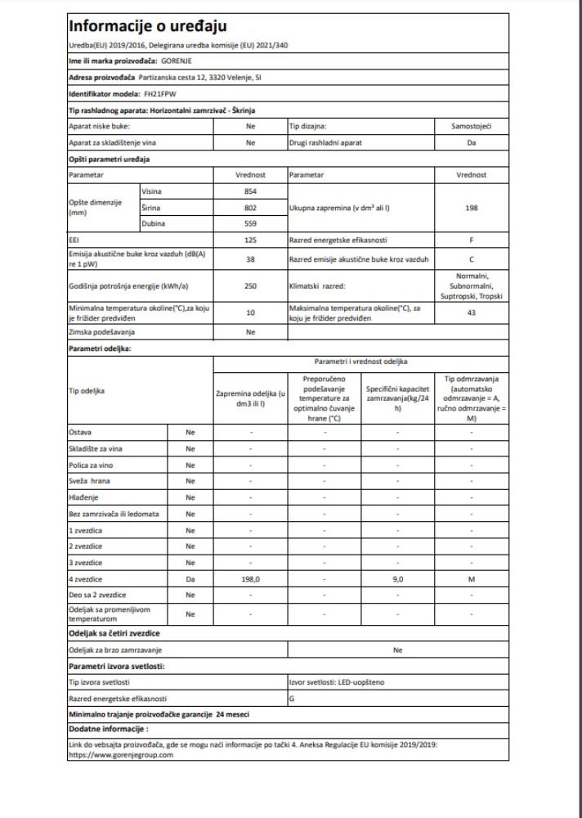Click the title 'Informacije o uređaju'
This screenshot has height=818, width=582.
pos(148,27)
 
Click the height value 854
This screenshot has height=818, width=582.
pos(251,191)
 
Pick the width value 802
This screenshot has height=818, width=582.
pos(251,208)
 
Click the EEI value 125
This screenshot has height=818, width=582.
pos(251,241)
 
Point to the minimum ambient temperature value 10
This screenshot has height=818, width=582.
pos(251,312)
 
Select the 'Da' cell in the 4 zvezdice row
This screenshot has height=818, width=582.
pos(190,579)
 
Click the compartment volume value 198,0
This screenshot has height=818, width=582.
pos(251,579)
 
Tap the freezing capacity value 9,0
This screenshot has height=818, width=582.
pos(398,579)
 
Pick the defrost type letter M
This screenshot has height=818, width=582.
pos(472,579)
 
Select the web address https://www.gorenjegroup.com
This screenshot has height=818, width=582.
pos(121,755)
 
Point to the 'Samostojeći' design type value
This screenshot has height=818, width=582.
pos(472,128)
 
